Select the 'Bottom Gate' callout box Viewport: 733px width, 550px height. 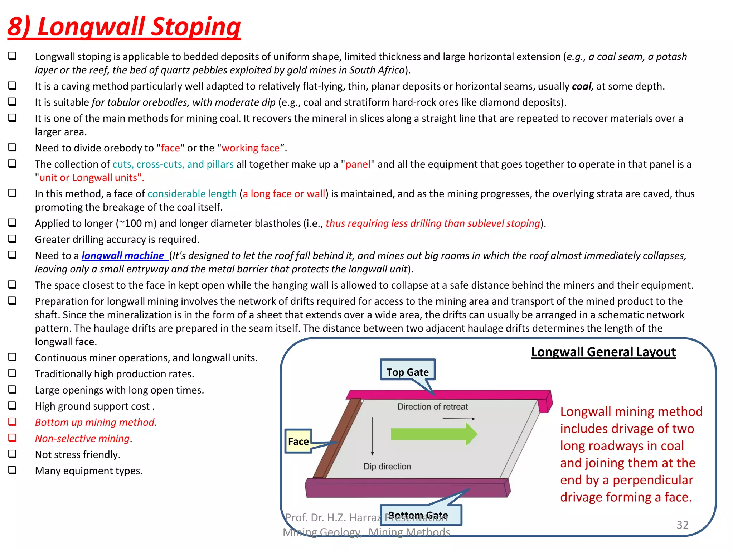coord(421,515)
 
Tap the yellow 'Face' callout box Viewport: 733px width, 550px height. coord(298,441)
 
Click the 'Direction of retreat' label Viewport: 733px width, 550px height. coord(432,406)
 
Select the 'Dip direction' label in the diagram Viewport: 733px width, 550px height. coord(387,466)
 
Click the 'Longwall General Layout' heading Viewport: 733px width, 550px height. coord(603,352)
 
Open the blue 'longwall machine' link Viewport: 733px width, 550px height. coord(123,255)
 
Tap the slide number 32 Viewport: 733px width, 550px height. coord(682,525)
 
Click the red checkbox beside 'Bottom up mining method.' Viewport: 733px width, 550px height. coord(13,421)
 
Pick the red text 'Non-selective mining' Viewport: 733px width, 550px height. coord(82,438)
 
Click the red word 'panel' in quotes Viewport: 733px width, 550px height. coord(358,164)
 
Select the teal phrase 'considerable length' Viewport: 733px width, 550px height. coord(192,194)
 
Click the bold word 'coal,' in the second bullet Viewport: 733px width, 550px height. coord(582,86)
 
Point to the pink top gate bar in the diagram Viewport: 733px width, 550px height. coord(447,394)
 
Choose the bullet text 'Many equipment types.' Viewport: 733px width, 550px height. coord(89,471)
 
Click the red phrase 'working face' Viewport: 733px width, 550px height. coord(251,148)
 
